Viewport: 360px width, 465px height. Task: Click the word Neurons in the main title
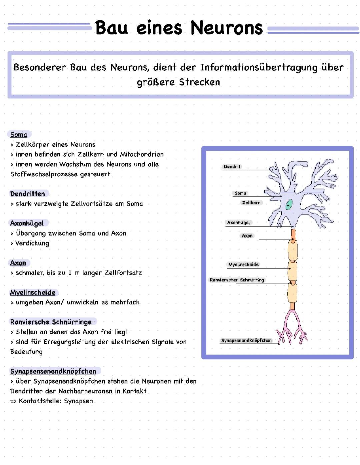point(227,28)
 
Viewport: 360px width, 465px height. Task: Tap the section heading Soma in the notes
point(19,135)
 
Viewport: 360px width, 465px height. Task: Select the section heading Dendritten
point(27,194)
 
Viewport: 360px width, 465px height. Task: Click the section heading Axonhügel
point(27,223)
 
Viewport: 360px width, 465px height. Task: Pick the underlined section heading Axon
point(18,263)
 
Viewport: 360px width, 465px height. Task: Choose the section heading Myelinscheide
point(33,293)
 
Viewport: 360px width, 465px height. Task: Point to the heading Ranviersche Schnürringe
point(51,322)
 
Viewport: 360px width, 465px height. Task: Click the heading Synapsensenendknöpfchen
point(53,371)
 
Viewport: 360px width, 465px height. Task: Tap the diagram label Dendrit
point(232,166)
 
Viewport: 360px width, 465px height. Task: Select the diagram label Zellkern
point(251,202)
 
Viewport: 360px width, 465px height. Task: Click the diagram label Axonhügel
point(238,222)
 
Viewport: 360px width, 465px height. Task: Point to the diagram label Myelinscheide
point(243,265)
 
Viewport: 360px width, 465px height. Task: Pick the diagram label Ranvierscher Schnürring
point(237,280)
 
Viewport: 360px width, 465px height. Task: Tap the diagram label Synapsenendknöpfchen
point(246,340)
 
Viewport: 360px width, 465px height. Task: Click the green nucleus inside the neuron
point(289,204)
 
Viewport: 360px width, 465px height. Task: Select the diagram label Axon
point(247,236)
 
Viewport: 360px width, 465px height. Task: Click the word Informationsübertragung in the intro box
point(259,68)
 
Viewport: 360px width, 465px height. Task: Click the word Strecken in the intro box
point(199,82)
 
